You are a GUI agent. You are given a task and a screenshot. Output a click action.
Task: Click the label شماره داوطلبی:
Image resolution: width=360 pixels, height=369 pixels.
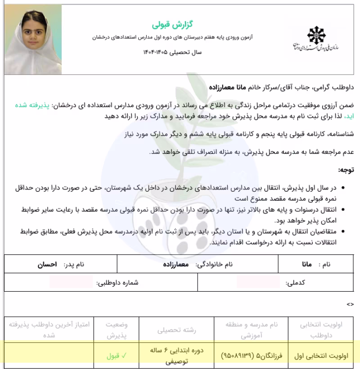click(x=117, y=283)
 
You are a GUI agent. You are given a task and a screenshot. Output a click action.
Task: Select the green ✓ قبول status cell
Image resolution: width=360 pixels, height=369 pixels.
click(x=117, y=355)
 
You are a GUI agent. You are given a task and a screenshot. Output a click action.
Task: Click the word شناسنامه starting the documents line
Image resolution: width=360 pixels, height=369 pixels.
click(x=339, y=134)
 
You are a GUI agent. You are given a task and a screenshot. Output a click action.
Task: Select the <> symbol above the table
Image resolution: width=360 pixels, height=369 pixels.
click(x=350, y=304)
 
